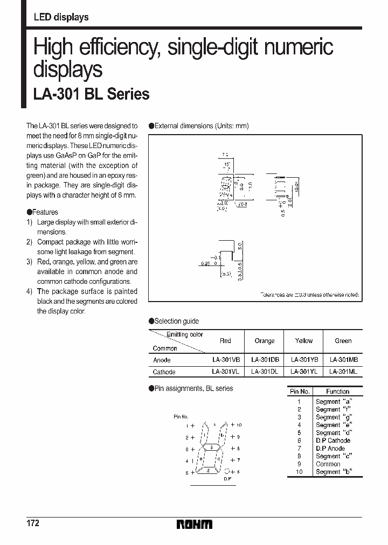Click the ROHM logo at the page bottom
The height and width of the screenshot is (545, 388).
coord(195,524)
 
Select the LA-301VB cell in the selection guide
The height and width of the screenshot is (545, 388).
coord(225,360)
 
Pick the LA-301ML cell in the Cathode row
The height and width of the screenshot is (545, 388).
coord(343,372)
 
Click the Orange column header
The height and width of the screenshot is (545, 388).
coord(265,341)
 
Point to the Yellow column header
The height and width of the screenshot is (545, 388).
coord(304,341)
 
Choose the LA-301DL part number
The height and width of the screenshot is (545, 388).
coord(265,372)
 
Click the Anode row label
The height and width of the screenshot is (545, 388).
coord(162,360)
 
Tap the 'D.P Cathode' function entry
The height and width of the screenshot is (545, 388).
coord(333,441)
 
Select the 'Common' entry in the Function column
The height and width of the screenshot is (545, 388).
coord(328,464)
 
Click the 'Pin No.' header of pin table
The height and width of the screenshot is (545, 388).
coord(300,392)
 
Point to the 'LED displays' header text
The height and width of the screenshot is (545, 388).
coord(61,17)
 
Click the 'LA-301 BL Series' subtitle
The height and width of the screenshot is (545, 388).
coord(92,95)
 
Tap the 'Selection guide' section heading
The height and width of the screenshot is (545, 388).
coord(176,322)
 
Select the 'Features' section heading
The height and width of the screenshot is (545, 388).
coord(45,212)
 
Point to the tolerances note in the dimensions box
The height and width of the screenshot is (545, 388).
coord(309,296)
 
